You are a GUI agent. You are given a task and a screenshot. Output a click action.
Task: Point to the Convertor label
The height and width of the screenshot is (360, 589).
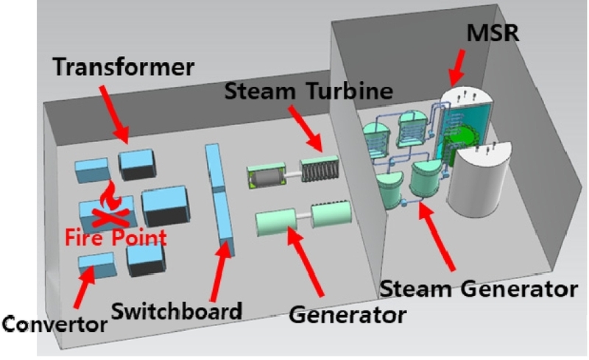click(52, 322)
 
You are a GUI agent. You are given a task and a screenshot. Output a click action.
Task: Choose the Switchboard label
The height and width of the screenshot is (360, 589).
click(177, 310)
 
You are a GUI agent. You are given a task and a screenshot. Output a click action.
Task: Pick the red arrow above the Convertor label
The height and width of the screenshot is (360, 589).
click(82, 288)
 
